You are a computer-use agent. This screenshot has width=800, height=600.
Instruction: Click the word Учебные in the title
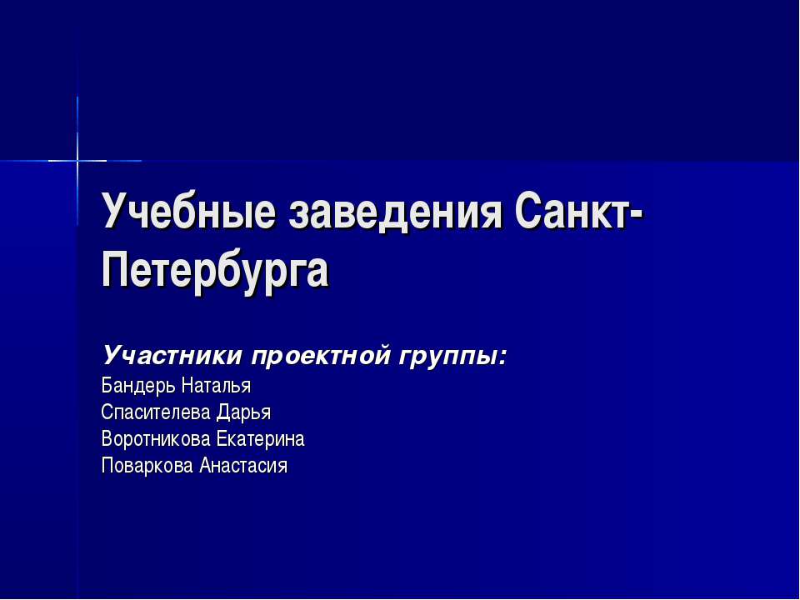click(x=187, y=213)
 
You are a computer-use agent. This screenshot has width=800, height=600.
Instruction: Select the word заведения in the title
click(x=396, y=213)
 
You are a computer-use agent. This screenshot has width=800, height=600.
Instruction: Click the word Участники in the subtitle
click(x=172, y=357)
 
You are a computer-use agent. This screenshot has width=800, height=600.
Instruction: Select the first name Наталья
click(x=216, y=386)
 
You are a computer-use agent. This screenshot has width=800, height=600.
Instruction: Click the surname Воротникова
click(x=156, y=438)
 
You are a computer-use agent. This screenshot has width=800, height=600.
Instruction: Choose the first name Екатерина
click(x=260, y=438)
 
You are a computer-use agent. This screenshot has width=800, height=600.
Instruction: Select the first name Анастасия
click(x=243, y=465)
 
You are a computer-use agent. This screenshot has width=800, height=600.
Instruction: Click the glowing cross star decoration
click(x=77, y=159)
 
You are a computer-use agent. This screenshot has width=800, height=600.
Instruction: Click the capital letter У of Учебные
click(x=113, y=213)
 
